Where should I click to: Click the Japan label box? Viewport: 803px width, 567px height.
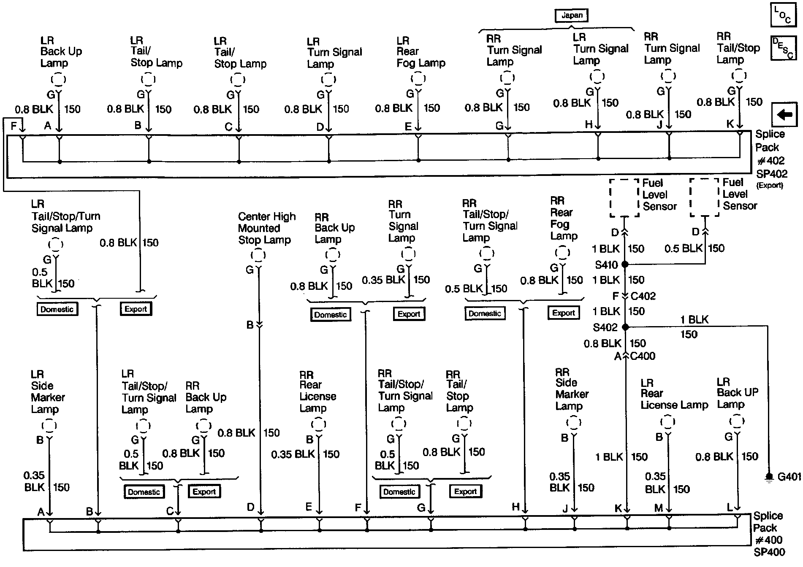[572, 16]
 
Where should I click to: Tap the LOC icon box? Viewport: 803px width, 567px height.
[783, 16]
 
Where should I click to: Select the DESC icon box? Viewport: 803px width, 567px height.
[783, 48]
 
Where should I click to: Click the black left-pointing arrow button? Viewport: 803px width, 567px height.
[784, 114]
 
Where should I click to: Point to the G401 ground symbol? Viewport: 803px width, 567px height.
[769, 477]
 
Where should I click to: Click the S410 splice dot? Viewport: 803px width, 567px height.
[625, 265]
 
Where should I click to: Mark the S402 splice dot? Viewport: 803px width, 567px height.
[626, 327]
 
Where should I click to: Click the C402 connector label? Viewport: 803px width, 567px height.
[643, 296]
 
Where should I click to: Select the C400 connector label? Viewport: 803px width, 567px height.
[643, 356]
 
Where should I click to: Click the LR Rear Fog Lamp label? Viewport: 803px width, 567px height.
[420, 52]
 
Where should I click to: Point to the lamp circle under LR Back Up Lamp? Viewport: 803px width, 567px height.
[59, 79]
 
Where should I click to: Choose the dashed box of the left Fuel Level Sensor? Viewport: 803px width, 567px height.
[624, 197]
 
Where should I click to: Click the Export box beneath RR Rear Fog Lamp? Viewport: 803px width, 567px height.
[564, 313]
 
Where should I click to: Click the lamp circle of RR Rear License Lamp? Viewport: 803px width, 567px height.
[318, 424]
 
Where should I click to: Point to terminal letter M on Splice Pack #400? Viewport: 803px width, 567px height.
[659, 508]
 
